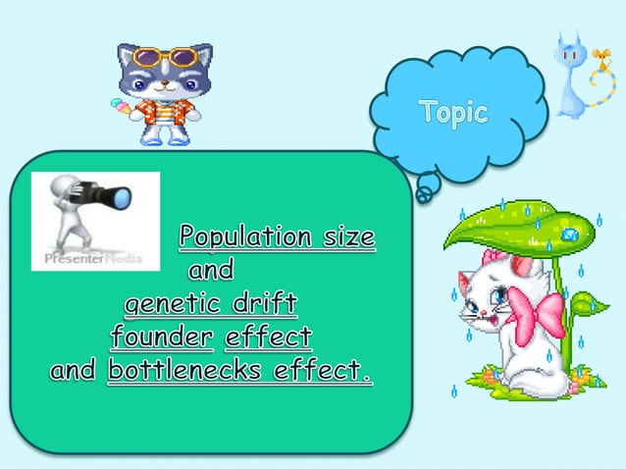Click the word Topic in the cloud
pyautogui.click(x=453, y=113)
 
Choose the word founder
pyautogui.click(x=162, y=338)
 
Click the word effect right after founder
pyautogui.click(x=268, y=338)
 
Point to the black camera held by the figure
pyautogui.click(x=110, y=197)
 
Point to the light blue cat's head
pyautogui.click(x=567, y=55)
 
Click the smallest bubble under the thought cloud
pyautogui.click(x=422, y=196)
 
